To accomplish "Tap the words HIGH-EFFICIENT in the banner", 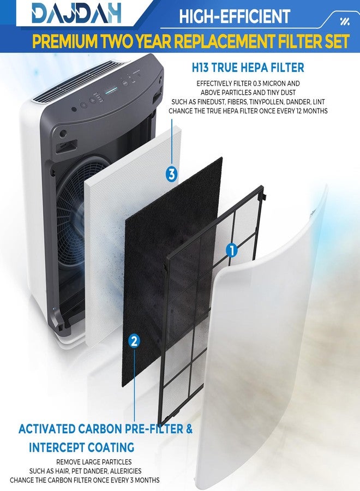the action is (235, 16).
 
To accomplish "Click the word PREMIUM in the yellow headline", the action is (65, 41).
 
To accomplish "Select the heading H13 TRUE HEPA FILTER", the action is (248, 68).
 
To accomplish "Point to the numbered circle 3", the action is (171, 174).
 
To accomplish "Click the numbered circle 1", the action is (232, 250).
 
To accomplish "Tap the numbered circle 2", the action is (134, 341).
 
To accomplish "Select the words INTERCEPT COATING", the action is (81, 447).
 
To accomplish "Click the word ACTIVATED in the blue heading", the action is (47, 429).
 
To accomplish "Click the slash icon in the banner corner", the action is (344, 21).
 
